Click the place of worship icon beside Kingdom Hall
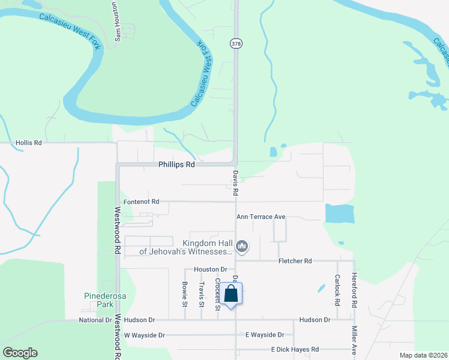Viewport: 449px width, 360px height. pyautogui.click(x=242, y=246)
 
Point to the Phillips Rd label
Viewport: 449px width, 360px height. pyautogui.click(x=177, y=164)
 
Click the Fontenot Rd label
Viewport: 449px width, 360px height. pyautogui.click(x=141, y=202)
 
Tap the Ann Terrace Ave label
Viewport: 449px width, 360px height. pyautogui.click(x=261, y=217)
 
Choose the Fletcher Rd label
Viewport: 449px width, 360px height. pyautogui.click(x=295, y=261)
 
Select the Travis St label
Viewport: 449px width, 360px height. pyautogui.click(x=202, y=295)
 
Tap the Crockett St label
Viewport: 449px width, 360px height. pyautogui.click(x=217, y=294)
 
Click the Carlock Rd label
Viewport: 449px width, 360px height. pyautogui.click(x=337, y=289)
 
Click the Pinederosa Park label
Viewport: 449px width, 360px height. pyautogui.click(x=98, y=300)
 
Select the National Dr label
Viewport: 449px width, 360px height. pyautogui.click(x=95, y=320)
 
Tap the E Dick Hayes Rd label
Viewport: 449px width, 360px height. pyautogui.click(x=295, y=349)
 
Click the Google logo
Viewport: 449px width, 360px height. pyautogui.click(x=20, y=353)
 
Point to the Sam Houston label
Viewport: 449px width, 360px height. pyautogui.click(x=118, y=22)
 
